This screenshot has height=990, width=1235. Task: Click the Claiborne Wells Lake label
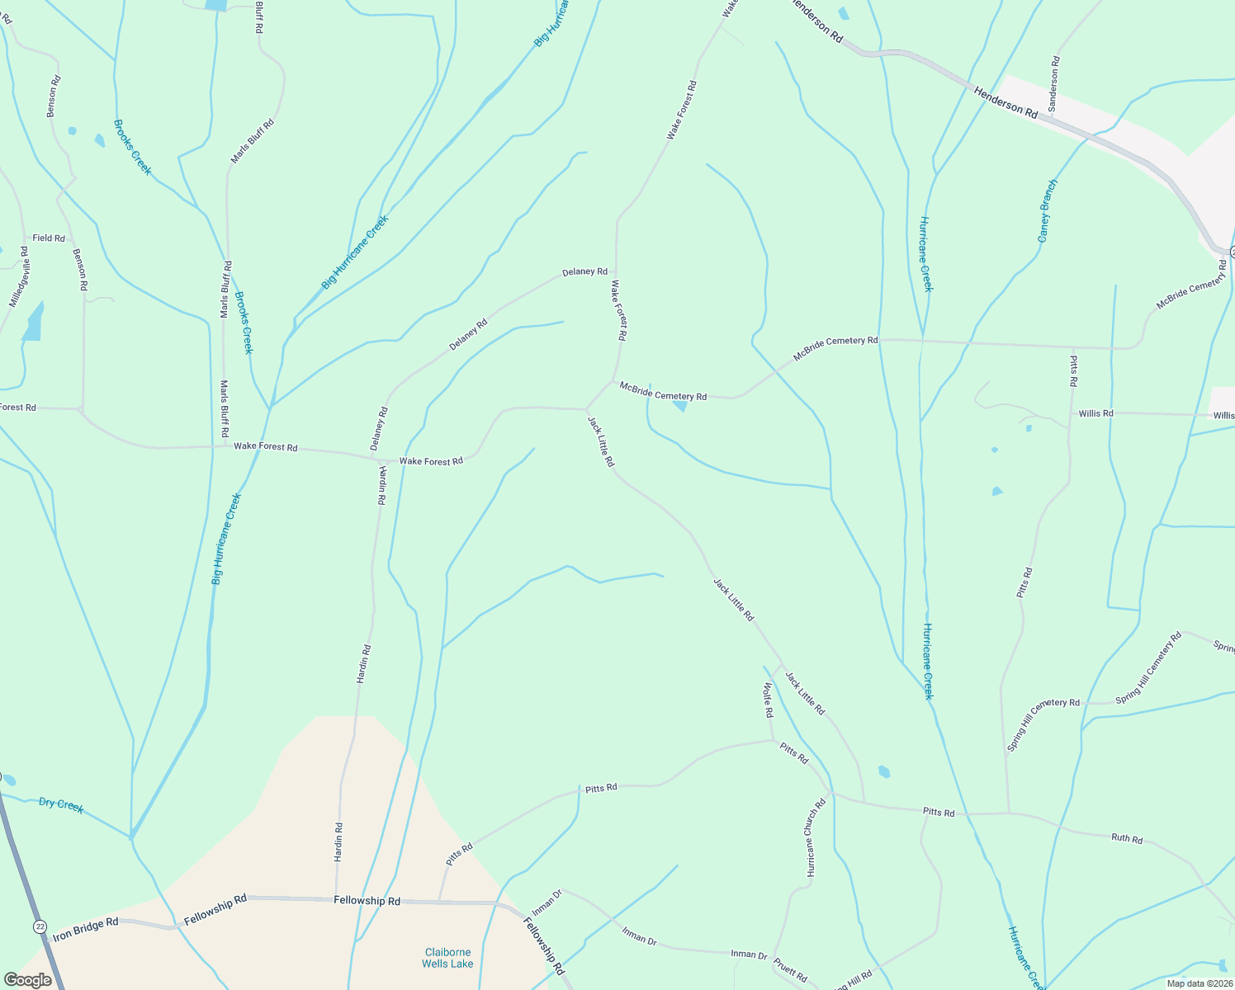[447, 958]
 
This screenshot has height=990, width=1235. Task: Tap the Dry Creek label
[61, 804]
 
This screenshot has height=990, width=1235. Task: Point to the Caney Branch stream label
[1048, 210]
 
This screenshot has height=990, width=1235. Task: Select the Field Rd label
[49, 238]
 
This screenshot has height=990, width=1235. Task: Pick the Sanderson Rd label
[1053, 83]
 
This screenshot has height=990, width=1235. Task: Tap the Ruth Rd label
[1127, 838]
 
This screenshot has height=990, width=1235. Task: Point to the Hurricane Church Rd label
[816, 837]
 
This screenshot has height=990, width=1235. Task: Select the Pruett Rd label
[790, 969]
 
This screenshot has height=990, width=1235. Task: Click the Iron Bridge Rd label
[86, 930]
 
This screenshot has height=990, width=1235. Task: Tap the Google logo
[27, 980]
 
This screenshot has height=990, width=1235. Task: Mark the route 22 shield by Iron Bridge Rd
[40, 926]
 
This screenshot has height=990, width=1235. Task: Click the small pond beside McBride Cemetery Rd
[680, 406]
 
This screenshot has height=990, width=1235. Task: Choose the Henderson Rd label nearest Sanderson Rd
[1006, 102]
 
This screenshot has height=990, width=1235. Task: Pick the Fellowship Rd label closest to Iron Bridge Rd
[215, 908]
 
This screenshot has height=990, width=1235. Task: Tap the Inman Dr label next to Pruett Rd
[749, 954]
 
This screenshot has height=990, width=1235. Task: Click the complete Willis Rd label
[1095, 413]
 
